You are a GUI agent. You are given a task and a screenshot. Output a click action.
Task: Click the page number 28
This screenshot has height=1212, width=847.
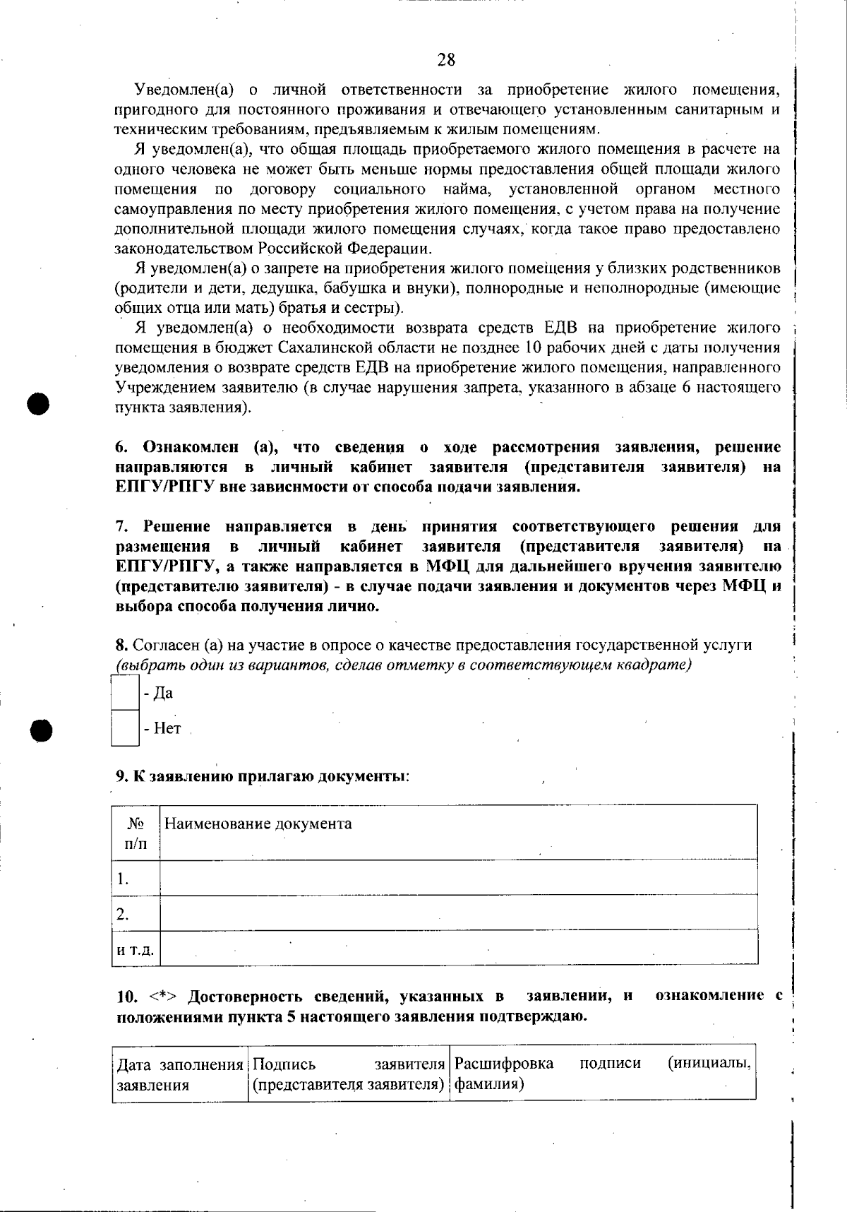tap(446, 60)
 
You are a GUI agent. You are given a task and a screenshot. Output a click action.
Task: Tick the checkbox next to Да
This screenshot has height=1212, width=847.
tap(125, 693)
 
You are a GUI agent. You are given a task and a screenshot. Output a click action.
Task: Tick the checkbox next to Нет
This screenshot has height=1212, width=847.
tap(125, 728)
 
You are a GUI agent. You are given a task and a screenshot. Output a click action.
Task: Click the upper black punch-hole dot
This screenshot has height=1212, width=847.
tap(40, 404)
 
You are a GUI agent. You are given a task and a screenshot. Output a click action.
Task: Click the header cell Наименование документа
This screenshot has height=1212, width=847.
tap(258, 824)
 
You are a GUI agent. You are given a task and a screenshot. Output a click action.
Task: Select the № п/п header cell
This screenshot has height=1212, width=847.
tap(136, 833)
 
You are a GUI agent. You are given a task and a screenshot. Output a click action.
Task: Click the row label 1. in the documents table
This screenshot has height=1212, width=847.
tap(124, 879)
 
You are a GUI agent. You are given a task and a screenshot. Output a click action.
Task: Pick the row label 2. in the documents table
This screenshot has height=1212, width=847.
tap(124, 915)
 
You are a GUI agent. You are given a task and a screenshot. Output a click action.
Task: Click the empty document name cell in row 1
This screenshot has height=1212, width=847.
tap(459, 878)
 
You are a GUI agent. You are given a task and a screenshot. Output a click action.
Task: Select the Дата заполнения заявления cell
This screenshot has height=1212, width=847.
tap(179, 1074)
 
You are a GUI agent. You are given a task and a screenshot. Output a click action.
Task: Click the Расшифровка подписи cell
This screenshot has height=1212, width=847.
tap(602, 1074)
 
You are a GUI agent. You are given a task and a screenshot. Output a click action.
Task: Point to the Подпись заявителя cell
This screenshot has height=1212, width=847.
tap(349, 1074)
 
